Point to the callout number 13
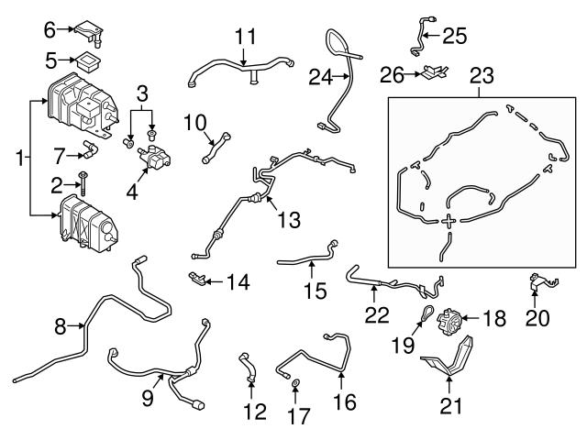point(290,220)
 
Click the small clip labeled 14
point(197,277)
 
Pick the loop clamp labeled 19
point(428,314)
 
